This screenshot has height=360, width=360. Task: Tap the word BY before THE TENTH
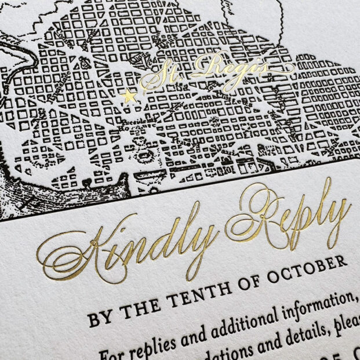pyautogui.click(x=101, y=318)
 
